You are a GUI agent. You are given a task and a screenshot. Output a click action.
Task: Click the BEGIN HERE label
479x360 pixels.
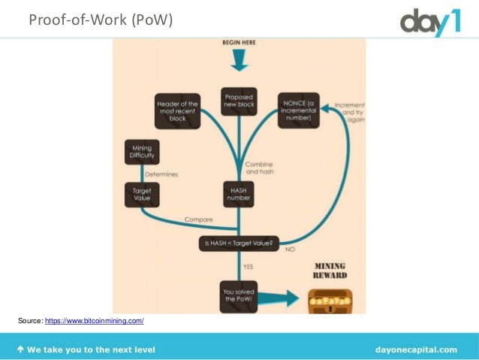(238, 43)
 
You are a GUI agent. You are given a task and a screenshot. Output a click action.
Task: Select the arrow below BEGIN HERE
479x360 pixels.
(238, 62)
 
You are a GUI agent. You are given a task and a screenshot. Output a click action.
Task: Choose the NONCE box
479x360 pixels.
(298, 110)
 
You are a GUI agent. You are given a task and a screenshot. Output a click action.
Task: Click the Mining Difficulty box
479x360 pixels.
(142, 153)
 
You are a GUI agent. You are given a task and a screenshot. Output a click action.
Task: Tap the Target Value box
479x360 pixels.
(142, 194)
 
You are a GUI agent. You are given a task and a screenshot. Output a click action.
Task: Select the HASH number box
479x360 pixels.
(239, 194)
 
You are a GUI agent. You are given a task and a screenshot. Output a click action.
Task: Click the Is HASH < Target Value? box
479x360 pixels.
(239, 243)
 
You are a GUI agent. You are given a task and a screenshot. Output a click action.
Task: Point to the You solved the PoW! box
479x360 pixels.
(239, 295)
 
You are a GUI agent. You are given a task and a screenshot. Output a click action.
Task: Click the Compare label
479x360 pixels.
(199, 219)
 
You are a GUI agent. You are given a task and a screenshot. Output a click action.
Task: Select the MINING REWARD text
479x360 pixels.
(330, 271)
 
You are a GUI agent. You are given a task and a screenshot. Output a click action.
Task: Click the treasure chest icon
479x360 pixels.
(330, 301)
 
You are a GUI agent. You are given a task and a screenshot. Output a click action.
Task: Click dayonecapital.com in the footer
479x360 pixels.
(415, 349)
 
